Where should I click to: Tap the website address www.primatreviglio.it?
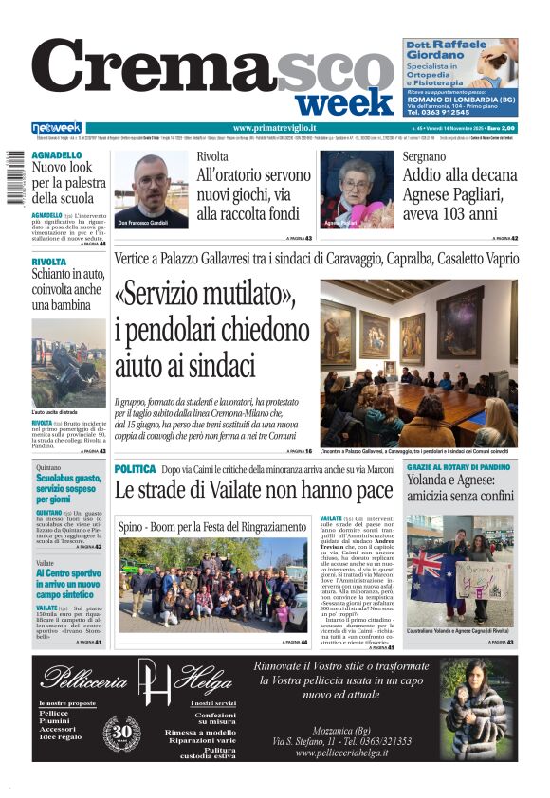pos(275,128)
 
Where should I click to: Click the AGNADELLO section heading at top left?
pos(57,154)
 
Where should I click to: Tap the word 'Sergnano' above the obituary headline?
pos(424,155)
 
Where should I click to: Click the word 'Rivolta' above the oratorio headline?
pos(212,155)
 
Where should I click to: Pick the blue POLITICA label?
pos(135,469)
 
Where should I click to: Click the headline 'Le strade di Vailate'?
pos(253,490)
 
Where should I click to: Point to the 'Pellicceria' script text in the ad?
pos(87,680)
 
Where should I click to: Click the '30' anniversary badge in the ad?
pos(121,732)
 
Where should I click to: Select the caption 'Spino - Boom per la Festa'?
pos(211,526)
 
